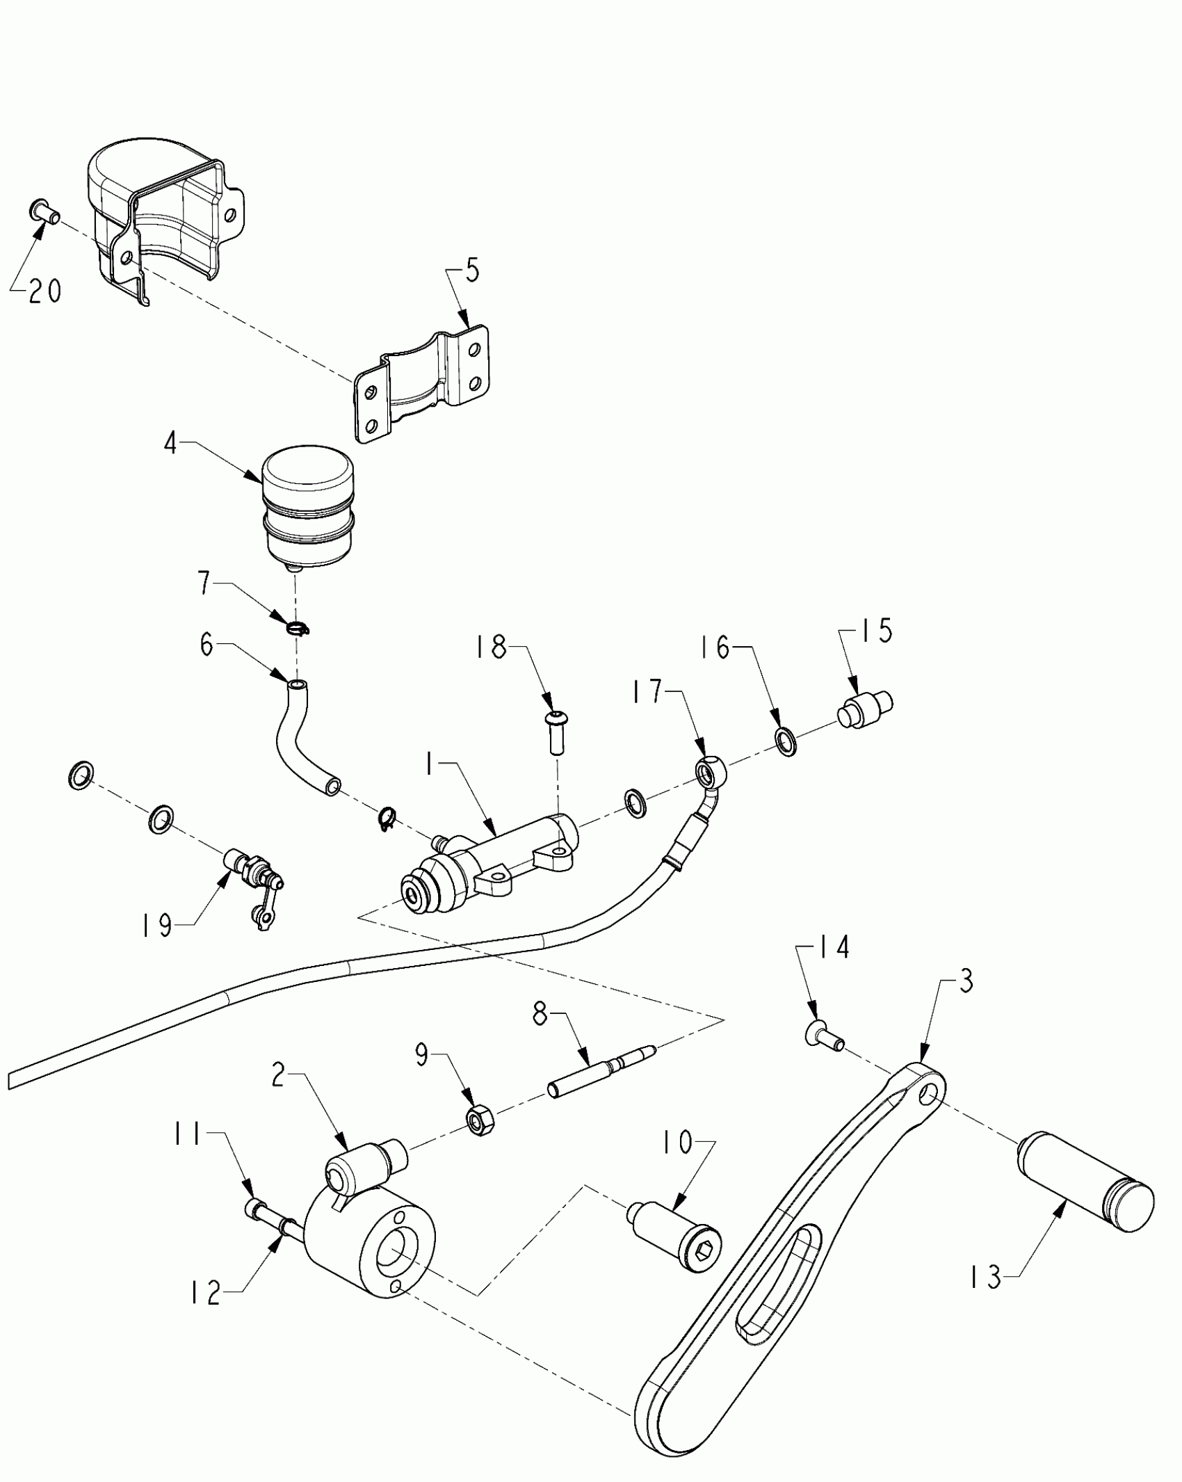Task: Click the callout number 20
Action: point(45,292)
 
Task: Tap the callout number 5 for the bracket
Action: point(471,271)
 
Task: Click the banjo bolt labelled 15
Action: point(865,709)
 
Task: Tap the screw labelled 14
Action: point(825,1037)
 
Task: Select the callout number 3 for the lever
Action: point(965,981)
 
